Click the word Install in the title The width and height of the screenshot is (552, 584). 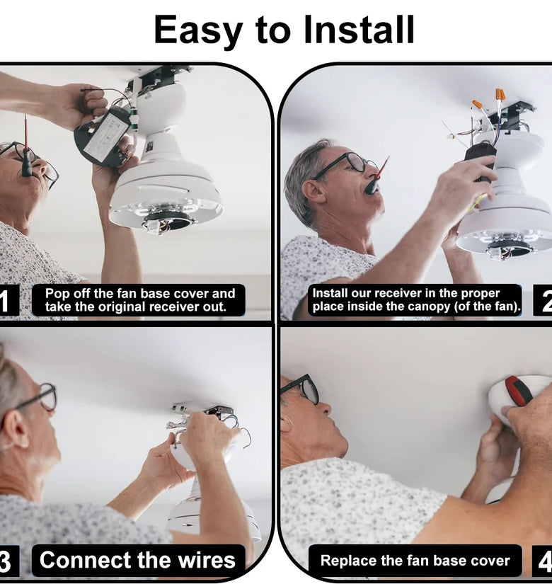[359, 29]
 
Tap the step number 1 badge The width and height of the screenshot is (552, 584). [8, 300]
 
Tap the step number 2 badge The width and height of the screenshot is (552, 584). [543, 300]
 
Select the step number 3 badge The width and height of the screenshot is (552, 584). [8, 561]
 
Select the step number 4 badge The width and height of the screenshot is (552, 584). [543, 561]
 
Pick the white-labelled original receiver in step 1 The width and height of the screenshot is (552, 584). [103, 137]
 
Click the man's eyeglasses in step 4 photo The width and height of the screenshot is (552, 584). [301, 389]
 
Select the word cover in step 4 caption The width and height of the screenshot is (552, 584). [492, 561]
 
